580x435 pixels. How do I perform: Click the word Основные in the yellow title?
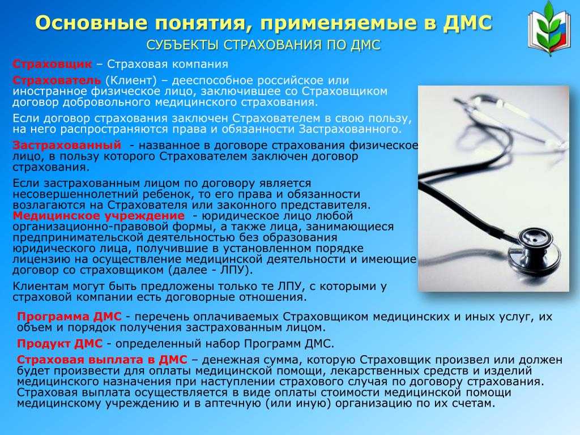[91, 23]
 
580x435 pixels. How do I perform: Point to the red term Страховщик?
[52, 64]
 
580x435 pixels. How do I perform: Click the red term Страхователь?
[57, 80]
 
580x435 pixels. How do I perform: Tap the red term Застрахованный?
[67, 145]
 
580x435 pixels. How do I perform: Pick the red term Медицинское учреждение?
[99, 216]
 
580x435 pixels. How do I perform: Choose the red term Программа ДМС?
[69, 317]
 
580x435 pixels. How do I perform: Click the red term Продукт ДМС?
[59, 344]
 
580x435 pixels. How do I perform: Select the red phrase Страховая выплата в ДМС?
[102, 360]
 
